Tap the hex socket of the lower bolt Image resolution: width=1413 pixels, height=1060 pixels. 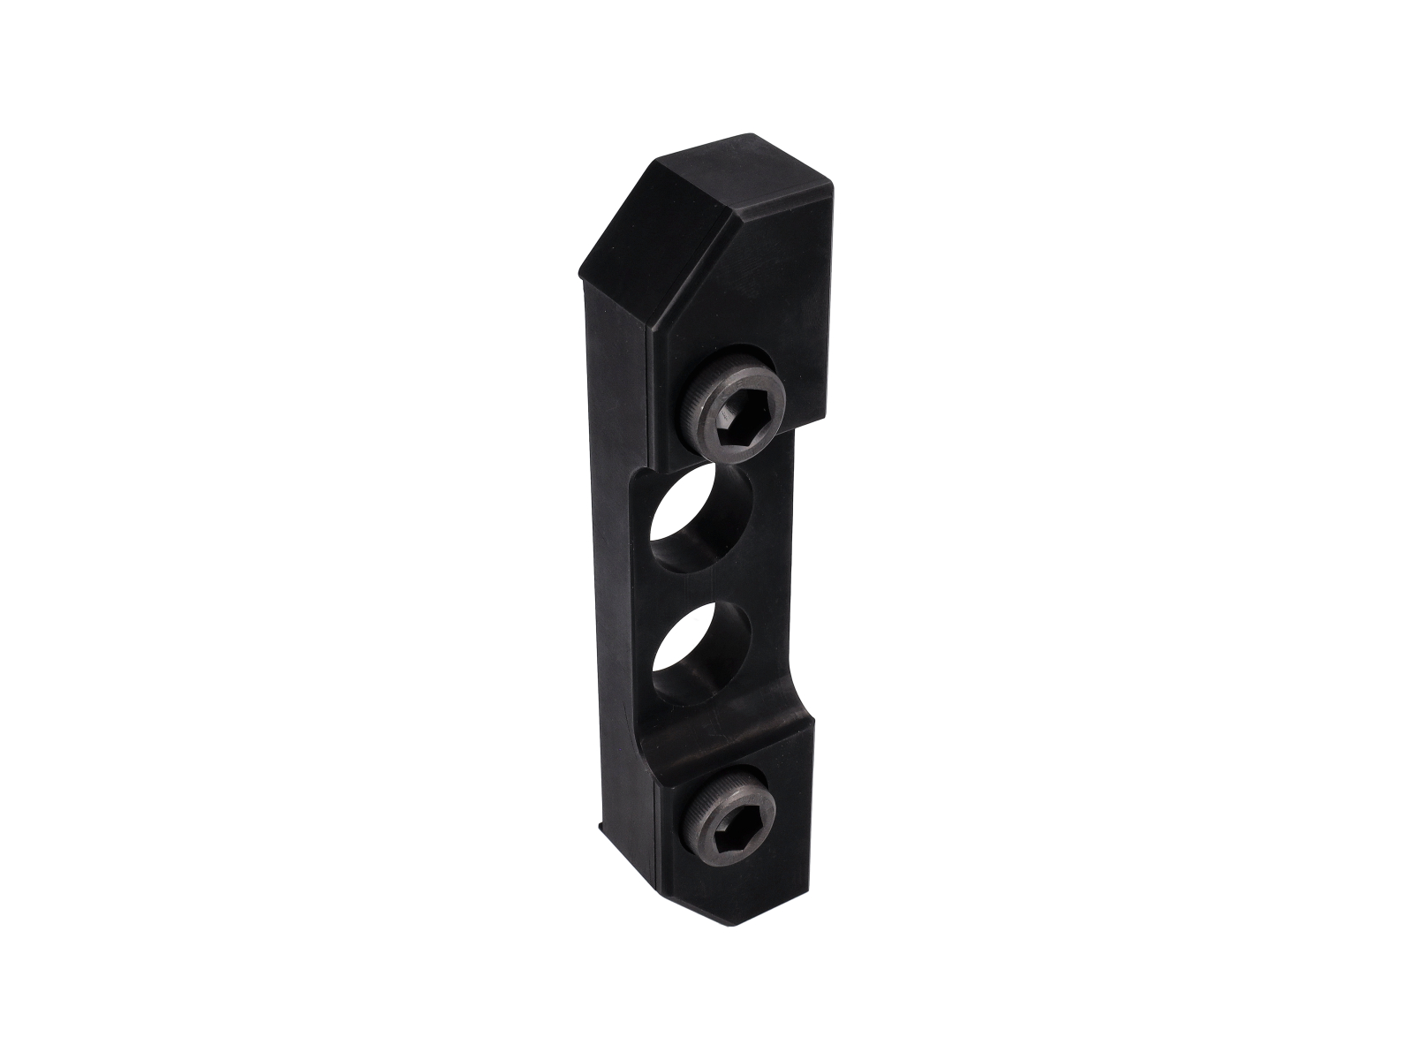click(729, 814)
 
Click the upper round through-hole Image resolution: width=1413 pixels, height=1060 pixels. click(699, 517)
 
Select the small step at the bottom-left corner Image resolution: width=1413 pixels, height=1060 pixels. click(601, 829)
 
